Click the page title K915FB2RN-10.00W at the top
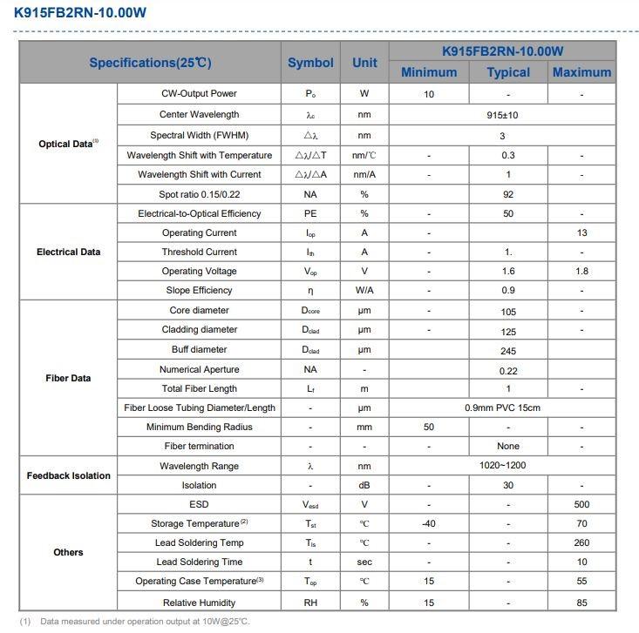[x=80, y=13]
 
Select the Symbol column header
[x=310, y=63]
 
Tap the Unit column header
[x=364, y=63]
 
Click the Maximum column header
[x=581, y=72]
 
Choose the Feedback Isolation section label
[x=68, y=475]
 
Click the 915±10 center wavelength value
[x=502, y=115]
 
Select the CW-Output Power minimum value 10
[x=429, y=94]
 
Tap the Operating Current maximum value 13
[x=581, y=233]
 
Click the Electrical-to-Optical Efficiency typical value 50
[x=508, y=214]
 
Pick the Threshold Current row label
[x=199, y=253]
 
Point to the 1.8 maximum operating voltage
[x=581, y=272]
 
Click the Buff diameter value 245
[x=508, y=351]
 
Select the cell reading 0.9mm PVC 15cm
[x=502, y=408]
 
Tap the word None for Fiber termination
[x=508, y=447]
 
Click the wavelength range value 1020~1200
[x=502, y=466]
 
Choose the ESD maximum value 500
[x=581, y=505]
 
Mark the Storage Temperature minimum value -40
[x=429, y=524]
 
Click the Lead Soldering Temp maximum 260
[x=581, y=543]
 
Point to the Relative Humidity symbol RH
[x=310, y=603]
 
